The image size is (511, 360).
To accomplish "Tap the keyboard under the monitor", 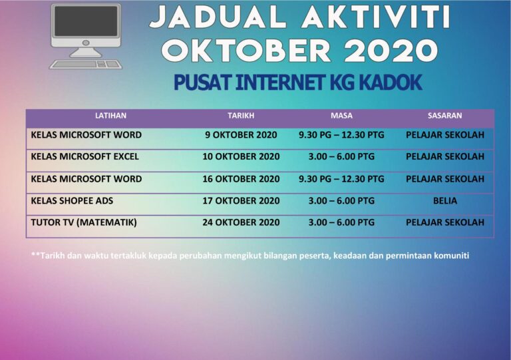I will point(86,65).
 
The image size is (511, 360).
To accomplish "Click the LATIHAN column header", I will point(110,116).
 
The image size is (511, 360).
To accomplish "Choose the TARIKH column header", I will point(241,116).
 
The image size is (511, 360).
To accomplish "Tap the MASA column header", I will point(341,116).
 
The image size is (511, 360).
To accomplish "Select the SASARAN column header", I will point(444,116).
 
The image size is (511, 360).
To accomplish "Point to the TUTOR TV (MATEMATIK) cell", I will point(84,222).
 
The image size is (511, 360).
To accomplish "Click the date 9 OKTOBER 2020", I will point(241,135).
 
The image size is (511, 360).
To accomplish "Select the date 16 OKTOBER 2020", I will point(241,179).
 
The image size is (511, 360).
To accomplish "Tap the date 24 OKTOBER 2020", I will point(241,222).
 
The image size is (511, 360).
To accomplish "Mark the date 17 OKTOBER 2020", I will point(241,201).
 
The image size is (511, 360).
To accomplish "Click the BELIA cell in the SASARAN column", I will point(444,201).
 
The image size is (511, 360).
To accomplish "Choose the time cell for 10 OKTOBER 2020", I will point(341,157).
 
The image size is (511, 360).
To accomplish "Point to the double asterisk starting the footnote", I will point(35,254).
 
